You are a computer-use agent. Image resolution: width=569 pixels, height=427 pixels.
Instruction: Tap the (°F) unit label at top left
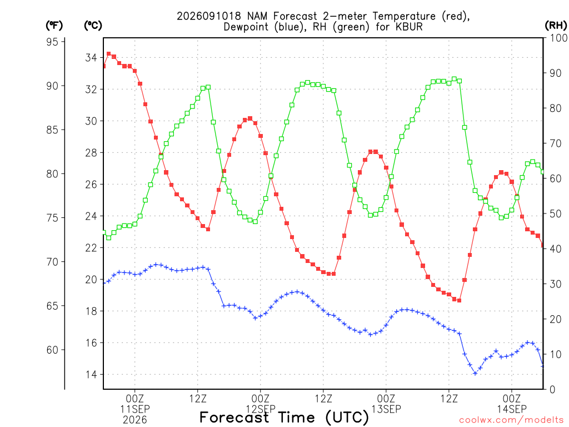pos(54,26)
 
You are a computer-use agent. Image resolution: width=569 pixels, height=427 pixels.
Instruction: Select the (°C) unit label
pos(93,26)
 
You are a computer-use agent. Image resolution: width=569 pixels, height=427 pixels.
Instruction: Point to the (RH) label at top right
pos(556,25)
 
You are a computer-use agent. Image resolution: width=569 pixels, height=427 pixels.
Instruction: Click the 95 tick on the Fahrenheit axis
pos(52,42)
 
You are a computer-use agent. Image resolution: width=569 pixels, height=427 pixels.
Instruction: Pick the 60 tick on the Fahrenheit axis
pos(52,350)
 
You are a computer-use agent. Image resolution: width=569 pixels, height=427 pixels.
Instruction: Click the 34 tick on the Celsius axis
pos(91,57)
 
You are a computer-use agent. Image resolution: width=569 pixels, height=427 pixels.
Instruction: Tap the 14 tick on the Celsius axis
pos(91,374)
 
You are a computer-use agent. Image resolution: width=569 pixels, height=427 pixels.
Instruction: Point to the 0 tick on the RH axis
pos(552,390)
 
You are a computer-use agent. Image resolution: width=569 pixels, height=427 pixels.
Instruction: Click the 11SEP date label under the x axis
pos(135,409)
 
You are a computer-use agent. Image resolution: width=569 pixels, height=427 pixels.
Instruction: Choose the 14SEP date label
pos(512,409)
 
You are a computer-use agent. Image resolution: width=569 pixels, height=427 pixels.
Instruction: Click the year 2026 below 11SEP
pos(135,420)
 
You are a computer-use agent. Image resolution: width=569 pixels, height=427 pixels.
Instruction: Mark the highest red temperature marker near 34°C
pos(108,54)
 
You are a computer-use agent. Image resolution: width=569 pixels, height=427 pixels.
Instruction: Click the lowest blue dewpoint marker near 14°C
pos(475,373)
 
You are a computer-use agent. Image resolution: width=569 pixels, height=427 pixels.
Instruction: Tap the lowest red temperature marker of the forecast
pos(459,301)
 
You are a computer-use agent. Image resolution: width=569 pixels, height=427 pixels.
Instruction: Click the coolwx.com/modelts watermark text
pos(511,420)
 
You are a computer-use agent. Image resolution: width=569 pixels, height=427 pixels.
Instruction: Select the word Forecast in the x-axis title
pos(234,418)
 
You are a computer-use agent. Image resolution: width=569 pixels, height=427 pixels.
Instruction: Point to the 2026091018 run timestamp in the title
pos(209,16)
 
